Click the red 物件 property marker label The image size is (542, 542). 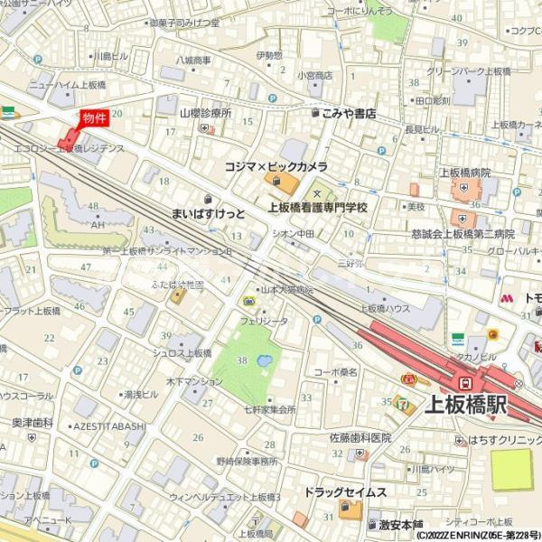click(x=94, y=117)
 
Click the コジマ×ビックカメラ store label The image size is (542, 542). click(x=276, y=167)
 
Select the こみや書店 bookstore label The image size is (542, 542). click(x=349, y=114)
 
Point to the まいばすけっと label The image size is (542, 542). click(x=209, y=213)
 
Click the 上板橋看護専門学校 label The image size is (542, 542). click(x=318, y=207)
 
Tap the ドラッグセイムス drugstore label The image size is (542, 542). click(x=345, y=492)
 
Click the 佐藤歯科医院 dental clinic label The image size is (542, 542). click(x=360, y=438)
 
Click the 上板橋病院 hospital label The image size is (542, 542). click(x=465, y=172)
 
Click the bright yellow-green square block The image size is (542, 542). click(x=511, y=470)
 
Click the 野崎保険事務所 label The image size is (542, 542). click(x=246, y=461)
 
